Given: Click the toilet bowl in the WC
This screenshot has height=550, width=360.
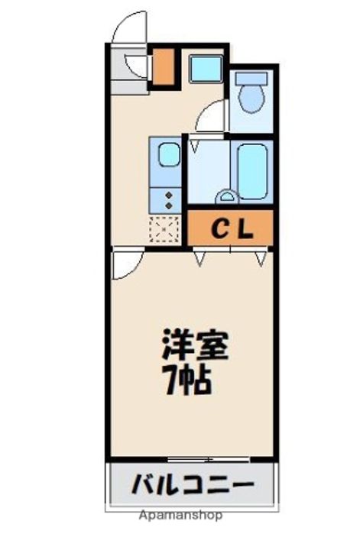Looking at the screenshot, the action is click(x=251, y=99).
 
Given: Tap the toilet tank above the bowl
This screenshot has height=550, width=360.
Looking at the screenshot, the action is click(x=251, y=78).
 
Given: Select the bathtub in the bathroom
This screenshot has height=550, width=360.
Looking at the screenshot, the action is click(x=252, y=172).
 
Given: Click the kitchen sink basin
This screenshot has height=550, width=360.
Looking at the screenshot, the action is click(x=169, y=154).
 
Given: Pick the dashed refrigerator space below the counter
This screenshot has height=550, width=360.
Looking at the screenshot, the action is click(x=164, y=230).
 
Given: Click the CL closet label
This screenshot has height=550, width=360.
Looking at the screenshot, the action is click(x=232, y=229).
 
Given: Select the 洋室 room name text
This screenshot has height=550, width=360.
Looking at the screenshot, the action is click(x=195, y=345).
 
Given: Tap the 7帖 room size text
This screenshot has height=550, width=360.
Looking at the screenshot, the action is click(x=188, y=380).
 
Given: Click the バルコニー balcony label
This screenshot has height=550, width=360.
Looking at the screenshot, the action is click(x=193, y=484).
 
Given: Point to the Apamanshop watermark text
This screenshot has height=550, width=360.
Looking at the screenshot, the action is click(x=180, y=516).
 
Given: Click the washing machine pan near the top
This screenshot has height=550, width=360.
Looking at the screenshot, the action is click(x=206, y=69).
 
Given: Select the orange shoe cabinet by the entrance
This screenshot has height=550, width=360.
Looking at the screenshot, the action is click(x=163, y=66).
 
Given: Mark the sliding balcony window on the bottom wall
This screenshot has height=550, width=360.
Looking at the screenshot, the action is click(x=209, y=459).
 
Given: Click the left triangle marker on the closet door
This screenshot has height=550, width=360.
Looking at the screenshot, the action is click(x=199, y=258).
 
